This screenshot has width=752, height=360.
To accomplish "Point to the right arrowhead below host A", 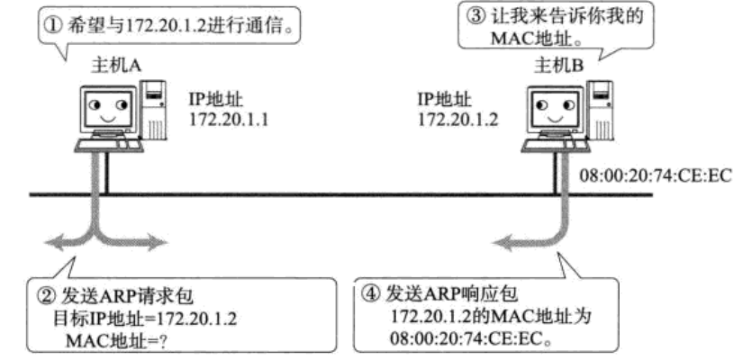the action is point(163,240).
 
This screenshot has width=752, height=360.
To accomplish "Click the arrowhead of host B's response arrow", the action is point(497,240).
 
